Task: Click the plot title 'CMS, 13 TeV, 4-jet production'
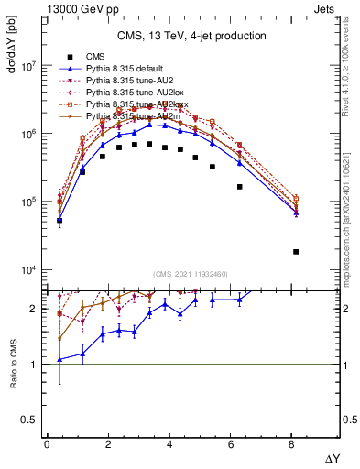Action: tap(191, 37)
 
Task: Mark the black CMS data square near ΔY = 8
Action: tap(296, 252)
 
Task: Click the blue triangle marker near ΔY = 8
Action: tap(296, 213)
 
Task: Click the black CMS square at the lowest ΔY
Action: tap(60, 221)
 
